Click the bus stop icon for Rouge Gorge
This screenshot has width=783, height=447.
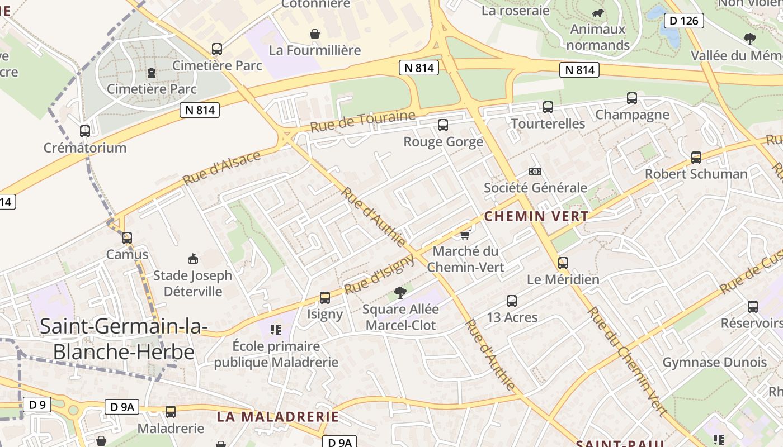point(443,125)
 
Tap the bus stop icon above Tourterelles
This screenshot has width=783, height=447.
point(548,107)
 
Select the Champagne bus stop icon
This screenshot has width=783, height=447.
point(632,98)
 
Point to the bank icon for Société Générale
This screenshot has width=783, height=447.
point(535,172)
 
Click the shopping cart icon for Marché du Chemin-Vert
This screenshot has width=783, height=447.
point(465,235)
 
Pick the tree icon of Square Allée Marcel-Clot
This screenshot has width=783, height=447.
point(400,292)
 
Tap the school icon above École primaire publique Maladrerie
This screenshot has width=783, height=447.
point(275,330)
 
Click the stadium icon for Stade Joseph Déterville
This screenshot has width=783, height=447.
point(193,259)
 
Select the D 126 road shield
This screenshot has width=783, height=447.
point(683,21)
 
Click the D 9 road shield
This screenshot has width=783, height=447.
point(37,405)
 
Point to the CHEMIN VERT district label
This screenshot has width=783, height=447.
point(536,216)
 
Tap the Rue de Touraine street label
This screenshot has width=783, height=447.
point(362,121)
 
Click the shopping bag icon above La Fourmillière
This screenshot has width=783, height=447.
point(315,34)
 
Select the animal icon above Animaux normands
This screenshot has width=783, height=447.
point(598,13)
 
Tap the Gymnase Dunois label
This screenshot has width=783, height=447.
point(714,363)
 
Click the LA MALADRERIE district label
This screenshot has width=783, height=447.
point(278,417)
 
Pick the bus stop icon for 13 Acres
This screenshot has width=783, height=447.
point(512,301)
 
